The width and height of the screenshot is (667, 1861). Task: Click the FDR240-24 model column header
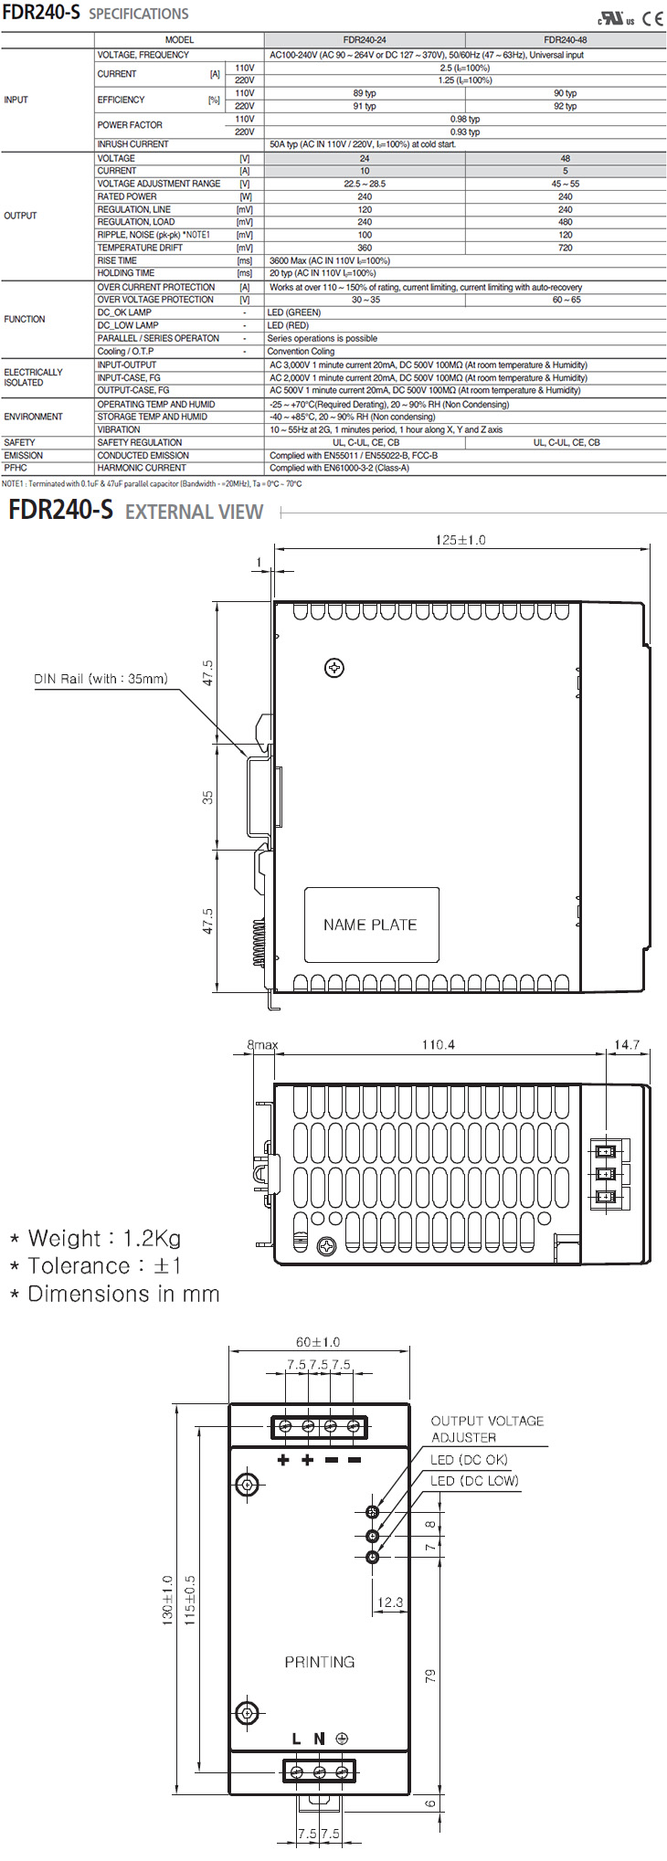click(365, 40)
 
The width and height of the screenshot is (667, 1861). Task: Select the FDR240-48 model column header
click(566, 40)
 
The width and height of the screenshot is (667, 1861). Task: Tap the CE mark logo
click(652, 18)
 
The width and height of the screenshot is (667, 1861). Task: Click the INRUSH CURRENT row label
click(133, 144)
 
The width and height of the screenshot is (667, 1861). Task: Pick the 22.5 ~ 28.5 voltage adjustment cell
click(365, 184)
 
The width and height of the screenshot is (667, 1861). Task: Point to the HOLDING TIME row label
click(126, 273)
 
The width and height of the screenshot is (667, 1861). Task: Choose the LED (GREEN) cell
click(294, 312)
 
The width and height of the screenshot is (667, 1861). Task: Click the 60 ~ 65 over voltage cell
click(566, 300)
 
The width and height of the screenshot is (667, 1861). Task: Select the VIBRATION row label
click(119, 429)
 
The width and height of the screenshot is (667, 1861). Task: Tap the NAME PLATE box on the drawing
click(371, 925)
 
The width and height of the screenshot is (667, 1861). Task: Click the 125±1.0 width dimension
click(461, 540)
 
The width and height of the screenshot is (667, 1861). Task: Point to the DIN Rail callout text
click(101, 679)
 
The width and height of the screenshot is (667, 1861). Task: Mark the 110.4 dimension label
click(438, 1044)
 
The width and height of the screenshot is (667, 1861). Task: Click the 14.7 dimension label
click(627, 1044)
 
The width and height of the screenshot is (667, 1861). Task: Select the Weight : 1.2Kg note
click(95, 1239)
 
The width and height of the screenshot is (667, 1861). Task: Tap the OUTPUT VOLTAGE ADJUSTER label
click(487, 1429)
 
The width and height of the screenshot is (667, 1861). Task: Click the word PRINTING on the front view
click(320, 1662)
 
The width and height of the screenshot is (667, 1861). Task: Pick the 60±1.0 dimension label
click(317, 1342)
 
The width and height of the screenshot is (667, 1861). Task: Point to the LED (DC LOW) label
click(474, 1481)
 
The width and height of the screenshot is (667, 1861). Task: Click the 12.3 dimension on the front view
click(390, 1602)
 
